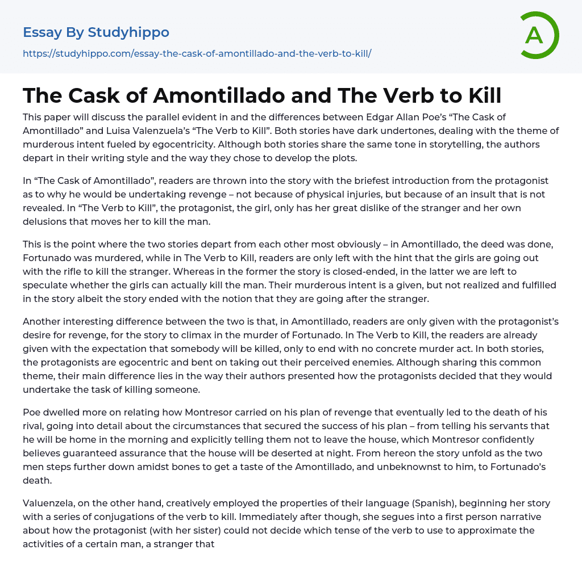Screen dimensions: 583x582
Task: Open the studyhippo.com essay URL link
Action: tap(197, 54)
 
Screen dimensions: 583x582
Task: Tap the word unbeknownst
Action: tap(408, 467)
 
